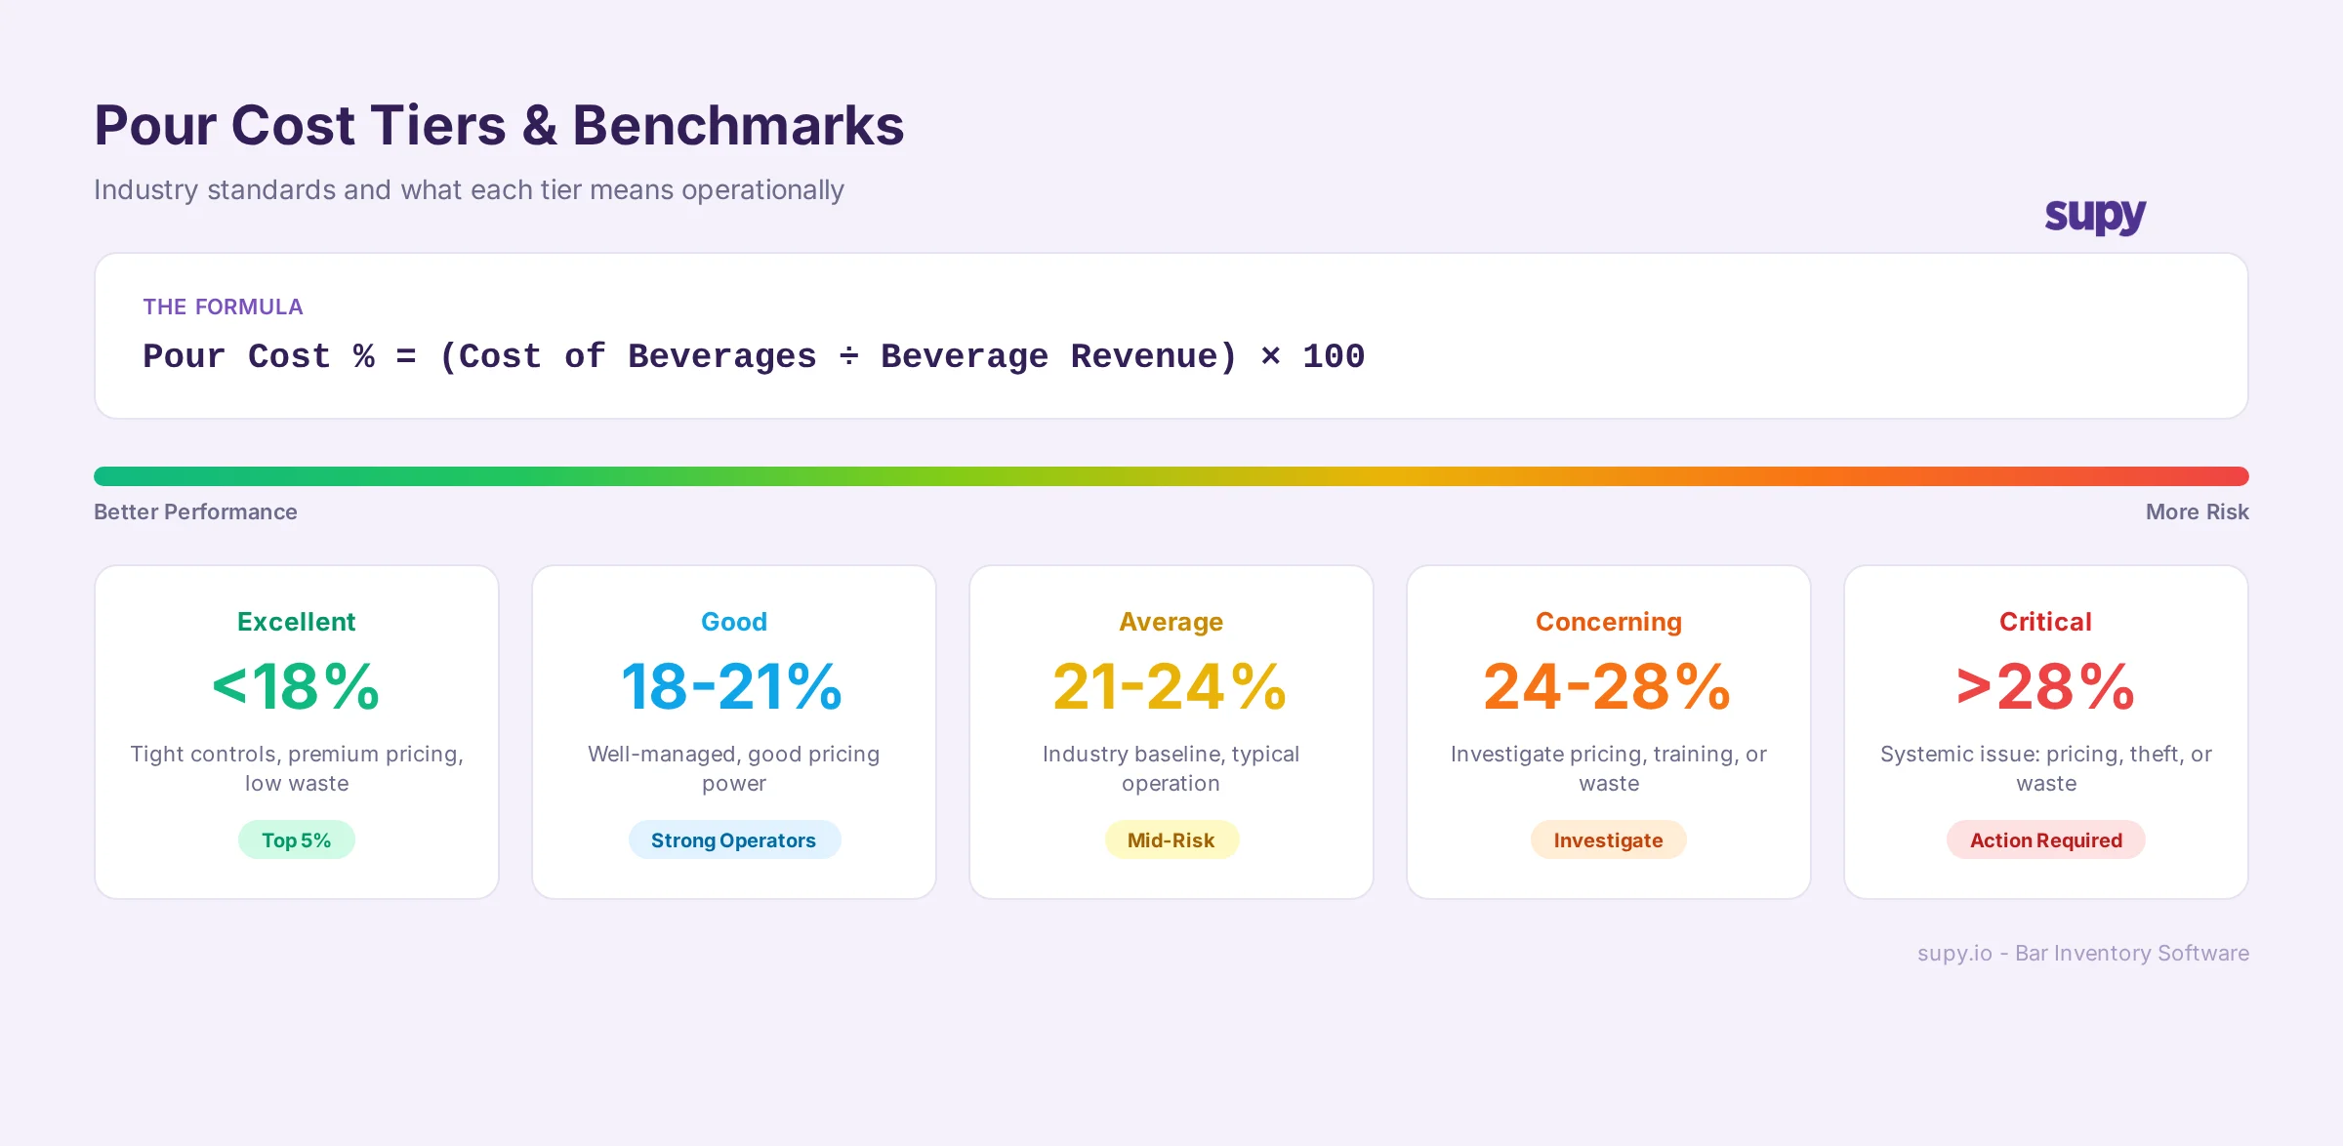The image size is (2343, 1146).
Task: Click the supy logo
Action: click(2095, 215)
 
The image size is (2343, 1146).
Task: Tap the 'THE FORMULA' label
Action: click(223, 307)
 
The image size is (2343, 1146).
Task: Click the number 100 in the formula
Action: click(1333, 356)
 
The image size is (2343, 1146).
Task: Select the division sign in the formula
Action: click(848, 356)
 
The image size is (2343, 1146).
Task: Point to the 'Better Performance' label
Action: click(195, 512)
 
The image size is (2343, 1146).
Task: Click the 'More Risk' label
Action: click(2197, 512)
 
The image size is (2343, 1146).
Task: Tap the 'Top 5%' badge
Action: click(296, 840)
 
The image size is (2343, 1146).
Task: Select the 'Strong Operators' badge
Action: click(733, 840)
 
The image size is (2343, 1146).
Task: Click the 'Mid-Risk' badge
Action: click(1171, 840)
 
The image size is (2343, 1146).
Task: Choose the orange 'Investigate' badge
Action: click(1608, 840)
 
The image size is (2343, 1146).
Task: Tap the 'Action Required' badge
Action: click(2045, 840)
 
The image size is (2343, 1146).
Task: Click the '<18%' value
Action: click(296, 687)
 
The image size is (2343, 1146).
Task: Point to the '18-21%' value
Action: click(732, 687)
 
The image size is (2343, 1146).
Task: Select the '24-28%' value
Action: click(1607, 687)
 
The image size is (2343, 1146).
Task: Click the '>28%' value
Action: click(2045, 687)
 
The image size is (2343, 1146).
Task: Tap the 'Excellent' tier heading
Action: click(296, 622)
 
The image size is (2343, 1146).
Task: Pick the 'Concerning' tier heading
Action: click(1608, 622)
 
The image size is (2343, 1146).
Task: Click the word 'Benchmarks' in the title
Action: click(738, 126)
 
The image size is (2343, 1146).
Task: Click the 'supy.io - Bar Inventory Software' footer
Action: click(2082, 954)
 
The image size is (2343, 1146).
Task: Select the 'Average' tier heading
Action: click(1171, 622)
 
